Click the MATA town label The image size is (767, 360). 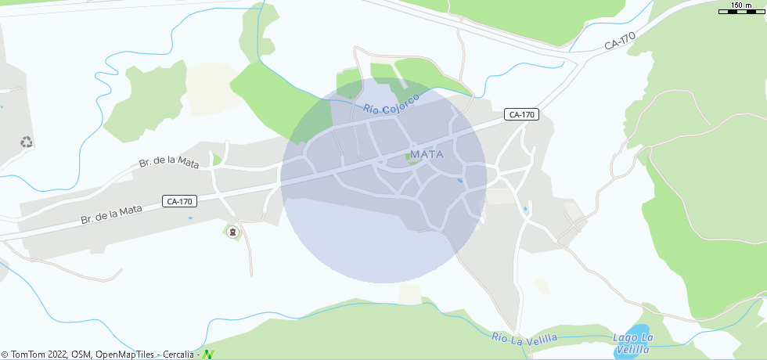pos(427,154)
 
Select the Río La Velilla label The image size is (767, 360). pos(524,337)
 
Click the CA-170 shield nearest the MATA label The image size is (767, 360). pos(521,114)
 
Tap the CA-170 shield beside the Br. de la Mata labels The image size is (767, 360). pos(179,201)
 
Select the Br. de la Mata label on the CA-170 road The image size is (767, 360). pos(111,214)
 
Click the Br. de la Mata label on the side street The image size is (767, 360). pos(168,162)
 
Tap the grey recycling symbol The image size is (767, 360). pos(27,142)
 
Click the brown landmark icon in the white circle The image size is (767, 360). pos(232,232)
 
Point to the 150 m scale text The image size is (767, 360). pos(741,5)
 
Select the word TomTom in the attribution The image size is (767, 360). pos(28,355)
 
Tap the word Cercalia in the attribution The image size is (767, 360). pos(178,355)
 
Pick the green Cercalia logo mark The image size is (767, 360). pos(208,354)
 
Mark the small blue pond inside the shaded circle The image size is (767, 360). pos(459,181)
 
